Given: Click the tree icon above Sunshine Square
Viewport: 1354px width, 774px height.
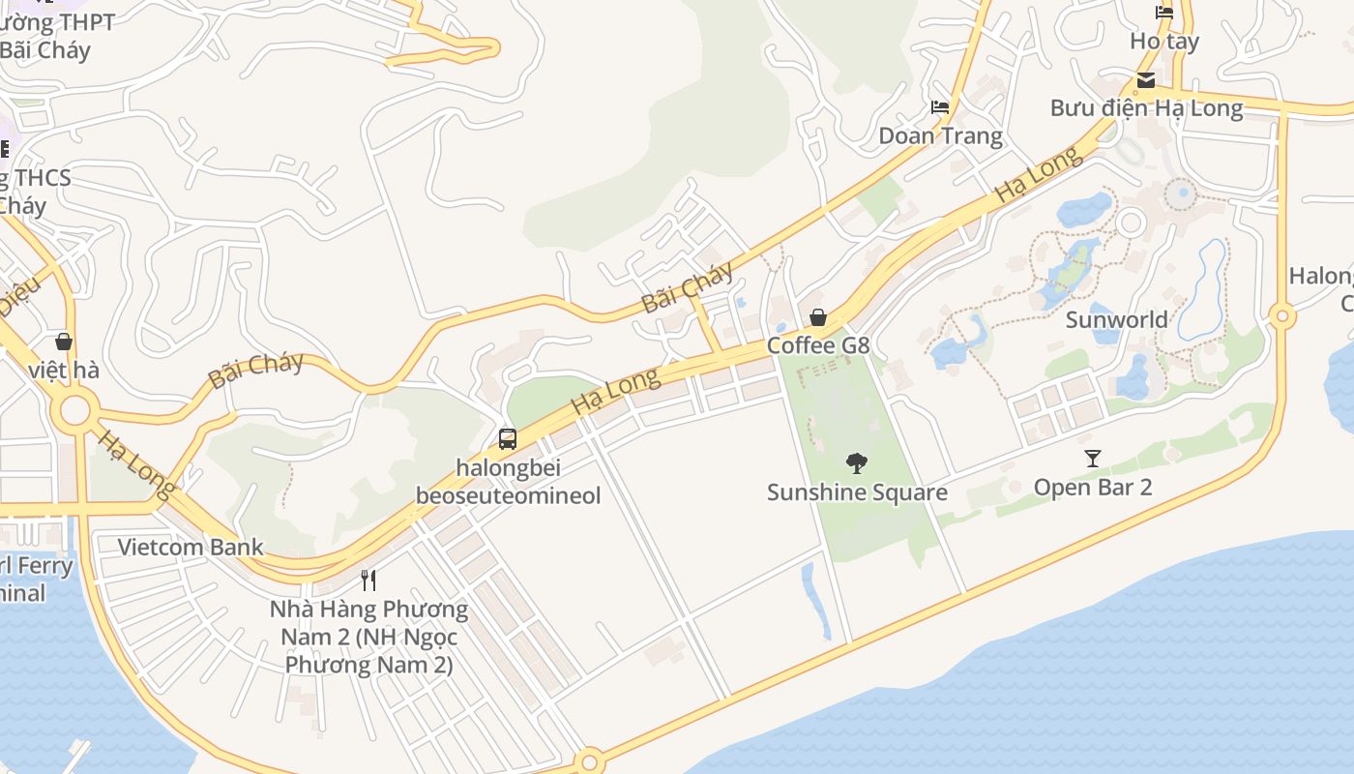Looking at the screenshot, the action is pos(856,463).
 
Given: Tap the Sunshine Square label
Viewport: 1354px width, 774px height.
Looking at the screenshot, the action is pos(857,492).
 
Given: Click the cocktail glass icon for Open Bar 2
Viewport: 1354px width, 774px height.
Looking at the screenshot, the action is pos(1093,459).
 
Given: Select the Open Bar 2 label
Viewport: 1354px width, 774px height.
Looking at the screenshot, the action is pos(1093,487).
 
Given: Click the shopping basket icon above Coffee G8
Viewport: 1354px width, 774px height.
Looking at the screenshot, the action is pos(818,317).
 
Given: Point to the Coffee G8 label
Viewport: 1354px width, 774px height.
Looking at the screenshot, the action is pos(818,345).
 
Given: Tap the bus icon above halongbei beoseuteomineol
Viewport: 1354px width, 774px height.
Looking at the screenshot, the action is pos(508,439).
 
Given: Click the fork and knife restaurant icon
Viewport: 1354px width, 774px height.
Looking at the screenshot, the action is pos(368,580).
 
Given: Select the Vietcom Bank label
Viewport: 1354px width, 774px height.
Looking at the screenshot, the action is pos(191,547).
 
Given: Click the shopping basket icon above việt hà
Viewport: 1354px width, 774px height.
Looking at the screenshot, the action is pos(64,342).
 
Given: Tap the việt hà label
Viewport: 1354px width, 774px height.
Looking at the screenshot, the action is pos(64,370).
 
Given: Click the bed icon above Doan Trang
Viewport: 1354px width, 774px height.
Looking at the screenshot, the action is pos(940,106).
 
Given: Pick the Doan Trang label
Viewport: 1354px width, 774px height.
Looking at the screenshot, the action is pos(940,135).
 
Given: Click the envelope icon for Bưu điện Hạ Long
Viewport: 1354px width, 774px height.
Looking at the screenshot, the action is pos(1146,80).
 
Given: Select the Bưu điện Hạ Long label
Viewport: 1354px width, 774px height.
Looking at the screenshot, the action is pos(1146,107).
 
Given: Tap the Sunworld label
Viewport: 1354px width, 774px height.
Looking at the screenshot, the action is pos(1116,319).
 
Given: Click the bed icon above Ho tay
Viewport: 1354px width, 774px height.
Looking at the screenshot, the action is pos(1164,13).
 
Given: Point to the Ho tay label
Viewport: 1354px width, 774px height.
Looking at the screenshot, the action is pos(1164,41).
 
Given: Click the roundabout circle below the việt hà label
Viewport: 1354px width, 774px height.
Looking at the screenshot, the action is pos(74,412).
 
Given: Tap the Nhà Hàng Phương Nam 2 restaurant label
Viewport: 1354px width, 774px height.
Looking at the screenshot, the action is pos(368,637).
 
